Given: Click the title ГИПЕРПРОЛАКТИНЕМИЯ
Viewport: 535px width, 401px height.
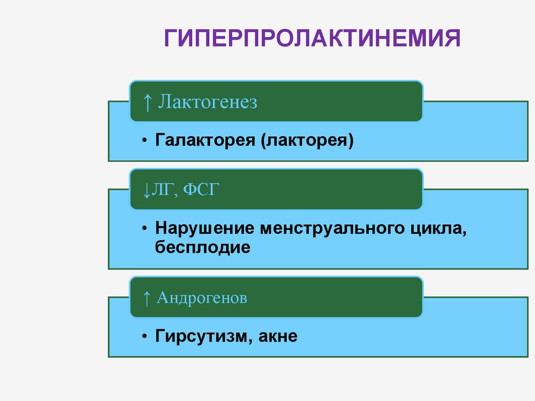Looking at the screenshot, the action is [312, 39].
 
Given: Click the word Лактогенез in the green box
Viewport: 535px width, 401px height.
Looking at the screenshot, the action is [208, 102].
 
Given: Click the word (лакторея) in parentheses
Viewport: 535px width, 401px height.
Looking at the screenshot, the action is [305, 141].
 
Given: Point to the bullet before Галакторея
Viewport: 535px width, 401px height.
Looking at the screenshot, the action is [144, 141].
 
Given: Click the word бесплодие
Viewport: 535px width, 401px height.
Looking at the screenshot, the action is [203, 247].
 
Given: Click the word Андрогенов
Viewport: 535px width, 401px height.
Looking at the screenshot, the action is [202, 298].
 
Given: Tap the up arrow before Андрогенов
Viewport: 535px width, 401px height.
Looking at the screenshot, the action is [147, 299].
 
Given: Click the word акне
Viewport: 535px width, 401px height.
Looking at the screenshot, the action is [277, 336].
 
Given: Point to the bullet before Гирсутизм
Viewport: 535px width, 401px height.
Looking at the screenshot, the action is [144, 337].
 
